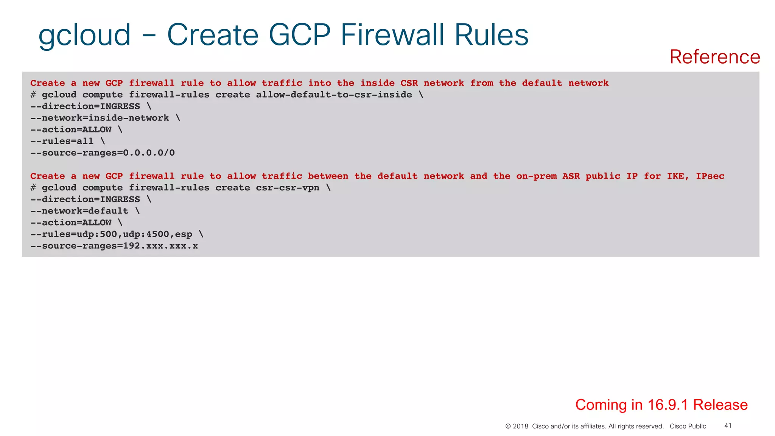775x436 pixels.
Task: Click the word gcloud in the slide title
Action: [84, 35]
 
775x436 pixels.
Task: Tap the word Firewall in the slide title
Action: [392, 35]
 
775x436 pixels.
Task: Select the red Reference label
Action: [714, 57]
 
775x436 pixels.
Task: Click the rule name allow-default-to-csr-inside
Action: [334, 95]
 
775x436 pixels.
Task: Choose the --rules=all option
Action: [62, 141]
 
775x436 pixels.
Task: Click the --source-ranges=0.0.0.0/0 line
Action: [103, 153]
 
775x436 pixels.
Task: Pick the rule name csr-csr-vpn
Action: [288, 188]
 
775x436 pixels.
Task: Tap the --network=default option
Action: [79, 211]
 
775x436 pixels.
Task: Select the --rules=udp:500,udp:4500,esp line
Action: [111, 234]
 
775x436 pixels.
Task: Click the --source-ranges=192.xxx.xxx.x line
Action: [114, 246]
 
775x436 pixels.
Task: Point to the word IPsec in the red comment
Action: [710, 176]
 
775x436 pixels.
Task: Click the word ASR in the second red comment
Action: [571, 176]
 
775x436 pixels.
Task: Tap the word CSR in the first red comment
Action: [409, 83]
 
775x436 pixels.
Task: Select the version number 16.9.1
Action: [668, 405]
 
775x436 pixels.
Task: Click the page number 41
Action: [728, 426]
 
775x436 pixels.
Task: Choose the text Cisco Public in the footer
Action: [688, 427]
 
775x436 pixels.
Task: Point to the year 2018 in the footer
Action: [520, 427]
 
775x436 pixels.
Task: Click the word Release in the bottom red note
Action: [720, 405]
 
